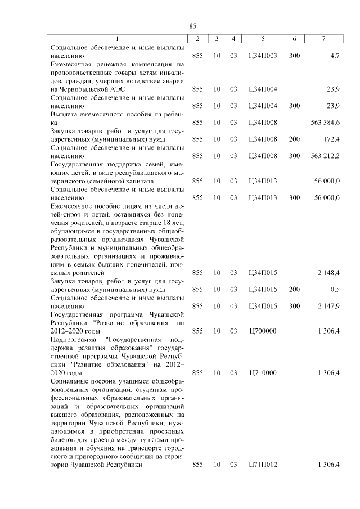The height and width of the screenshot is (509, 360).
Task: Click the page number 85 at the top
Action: pos(192,26)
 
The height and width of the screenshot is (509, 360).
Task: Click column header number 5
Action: pos(263,39)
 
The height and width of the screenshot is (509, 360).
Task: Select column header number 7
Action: pos(323,39)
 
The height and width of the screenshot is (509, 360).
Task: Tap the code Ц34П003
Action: pos(263,56)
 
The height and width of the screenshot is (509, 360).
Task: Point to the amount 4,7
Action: pos(334,56)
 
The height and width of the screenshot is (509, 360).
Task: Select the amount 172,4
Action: pos(330,138)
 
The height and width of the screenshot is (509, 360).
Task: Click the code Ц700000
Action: pos(263,331)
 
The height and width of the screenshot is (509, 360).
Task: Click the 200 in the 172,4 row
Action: pos(294,138)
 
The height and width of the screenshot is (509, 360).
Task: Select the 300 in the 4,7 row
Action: pos(294,56)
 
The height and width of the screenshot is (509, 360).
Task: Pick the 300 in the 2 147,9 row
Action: pos(294,306)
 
